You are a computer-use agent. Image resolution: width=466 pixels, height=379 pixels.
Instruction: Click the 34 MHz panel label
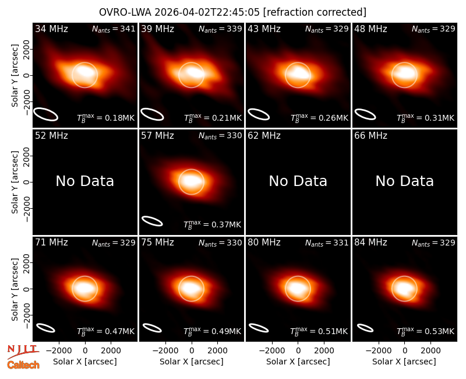51,29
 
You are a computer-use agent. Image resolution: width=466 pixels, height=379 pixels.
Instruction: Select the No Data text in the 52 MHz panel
85,181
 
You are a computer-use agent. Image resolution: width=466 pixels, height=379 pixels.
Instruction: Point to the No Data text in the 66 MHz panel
404,181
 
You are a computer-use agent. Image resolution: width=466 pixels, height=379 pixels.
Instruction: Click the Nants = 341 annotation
114,29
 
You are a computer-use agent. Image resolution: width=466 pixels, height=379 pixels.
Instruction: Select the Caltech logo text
23,365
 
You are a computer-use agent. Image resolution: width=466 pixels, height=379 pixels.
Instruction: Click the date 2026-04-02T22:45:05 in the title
207,12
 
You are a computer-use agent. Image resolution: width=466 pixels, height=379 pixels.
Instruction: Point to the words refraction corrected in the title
315,12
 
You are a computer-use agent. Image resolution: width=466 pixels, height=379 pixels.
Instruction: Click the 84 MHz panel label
370,243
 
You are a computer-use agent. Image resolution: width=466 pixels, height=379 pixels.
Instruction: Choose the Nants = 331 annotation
327,243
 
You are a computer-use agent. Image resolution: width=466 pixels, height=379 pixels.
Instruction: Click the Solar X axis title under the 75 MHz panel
192,362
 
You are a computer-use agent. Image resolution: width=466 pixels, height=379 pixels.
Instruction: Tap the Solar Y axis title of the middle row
15,182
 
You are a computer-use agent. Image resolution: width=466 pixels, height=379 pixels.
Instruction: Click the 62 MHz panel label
264,136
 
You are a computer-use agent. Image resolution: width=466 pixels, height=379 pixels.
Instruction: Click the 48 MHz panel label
370,29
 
